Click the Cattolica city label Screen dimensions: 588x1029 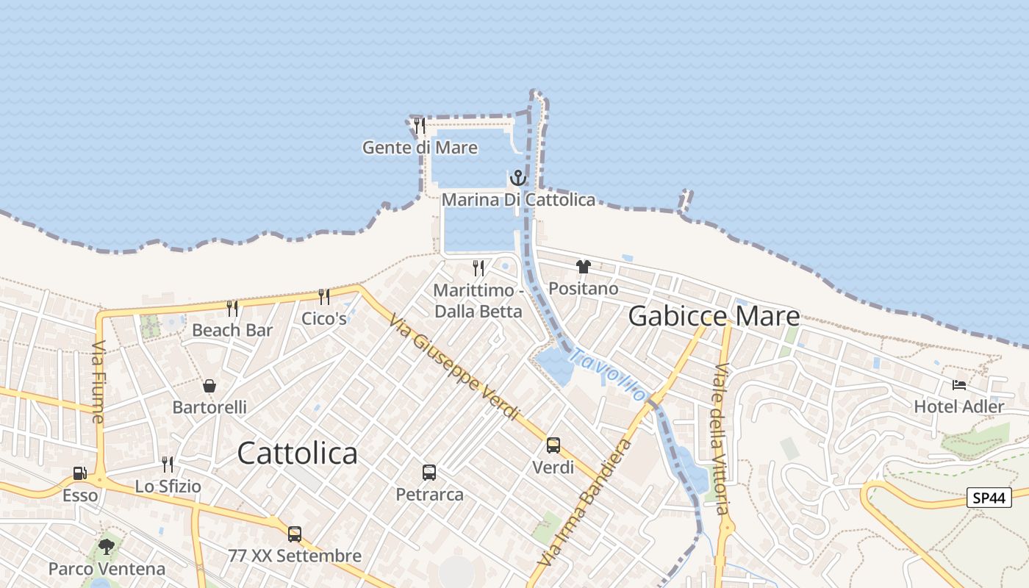click(298, 453)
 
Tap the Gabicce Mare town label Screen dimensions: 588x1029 click(714, 316)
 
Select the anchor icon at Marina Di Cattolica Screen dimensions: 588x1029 click(518, 178)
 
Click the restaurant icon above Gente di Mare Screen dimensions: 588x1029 click(420, 126)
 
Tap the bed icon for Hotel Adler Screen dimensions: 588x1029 click(959, 384)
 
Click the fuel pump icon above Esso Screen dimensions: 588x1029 click(79, 474)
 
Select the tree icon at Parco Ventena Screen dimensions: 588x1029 click(107, 546)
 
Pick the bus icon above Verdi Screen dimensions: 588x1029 click(553, 445)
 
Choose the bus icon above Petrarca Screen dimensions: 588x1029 click(429, 473)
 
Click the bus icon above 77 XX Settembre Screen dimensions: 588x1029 click(295, 534)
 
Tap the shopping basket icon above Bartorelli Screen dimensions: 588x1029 click(209, 385)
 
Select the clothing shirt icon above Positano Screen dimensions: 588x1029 click(584, 267)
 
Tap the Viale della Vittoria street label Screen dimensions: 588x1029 click(720, 439)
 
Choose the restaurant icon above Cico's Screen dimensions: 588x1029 click(323, 296)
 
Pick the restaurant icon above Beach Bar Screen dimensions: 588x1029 click(232, 308)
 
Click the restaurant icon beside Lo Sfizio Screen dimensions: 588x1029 click(168, 464)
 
